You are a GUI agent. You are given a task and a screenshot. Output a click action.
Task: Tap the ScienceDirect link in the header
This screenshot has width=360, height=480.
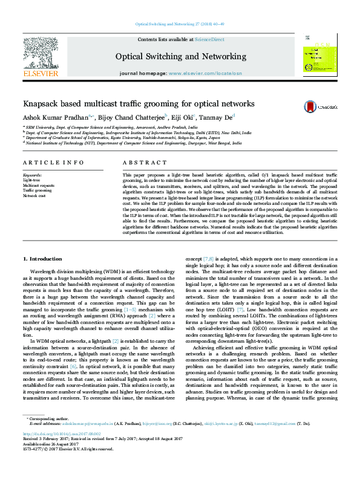(x=209, y=39)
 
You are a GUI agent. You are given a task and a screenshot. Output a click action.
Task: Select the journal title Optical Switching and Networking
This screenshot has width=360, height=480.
(x=181, y=56)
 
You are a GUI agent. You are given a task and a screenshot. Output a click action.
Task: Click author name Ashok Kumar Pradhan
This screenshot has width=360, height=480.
(x=54, y=117)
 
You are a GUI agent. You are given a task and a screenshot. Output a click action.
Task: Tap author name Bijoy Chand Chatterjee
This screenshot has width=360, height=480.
(x=120, y=117)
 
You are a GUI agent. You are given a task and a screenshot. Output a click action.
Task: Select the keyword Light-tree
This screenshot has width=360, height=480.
(x=32, y=180)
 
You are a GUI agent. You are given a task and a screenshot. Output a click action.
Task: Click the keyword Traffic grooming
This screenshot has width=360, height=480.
(x=36, y=190)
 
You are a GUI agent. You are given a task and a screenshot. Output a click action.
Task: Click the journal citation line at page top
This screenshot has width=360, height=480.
(x=180, y=24)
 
